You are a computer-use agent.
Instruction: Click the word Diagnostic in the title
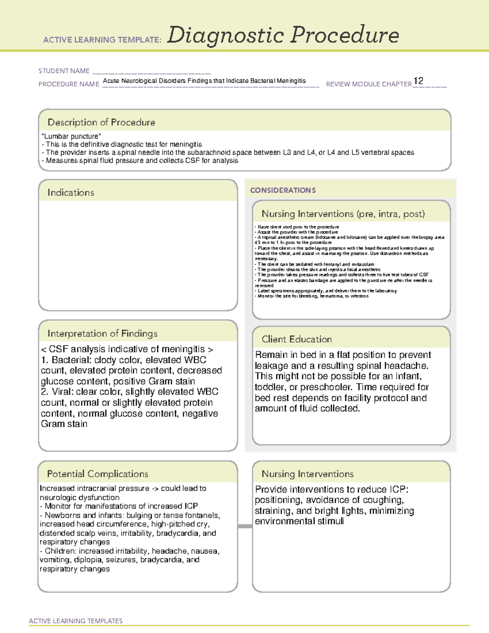[x=225, y=36]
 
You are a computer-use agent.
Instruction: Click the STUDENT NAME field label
[x=64, y=71]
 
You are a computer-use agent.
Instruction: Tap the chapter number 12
[x=418, y=81]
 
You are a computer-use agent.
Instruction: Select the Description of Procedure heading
[x=101, y=122]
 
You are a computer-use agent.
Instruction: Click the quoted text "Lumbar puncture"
[x=71, y=136]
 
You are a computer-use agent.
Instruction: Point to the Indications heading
[x=70, y=192]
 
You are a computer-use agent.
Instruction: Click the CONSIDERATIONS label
[x=283, y=190]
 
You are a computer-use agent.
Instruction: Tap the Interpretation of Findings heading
[x=102, y=333]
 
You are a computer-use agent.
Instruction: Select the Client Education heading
[x=297, y=339]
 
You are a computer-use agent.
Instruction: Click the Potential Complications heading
[x=97, y=474]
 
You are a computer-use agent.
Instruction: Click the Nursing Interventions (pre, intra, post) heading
[x=343, y=214]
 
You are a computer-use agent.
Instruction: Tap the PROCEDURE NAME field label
[x=69, y=84]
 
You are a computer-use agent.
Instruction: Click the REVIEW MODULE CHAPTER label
[x=369, y=84]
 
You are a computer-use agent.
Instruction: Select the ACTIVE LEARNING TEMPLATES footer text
[x=75, y=621]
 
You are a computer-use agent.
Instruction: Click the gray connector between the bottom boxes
[x=245, y=526]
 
